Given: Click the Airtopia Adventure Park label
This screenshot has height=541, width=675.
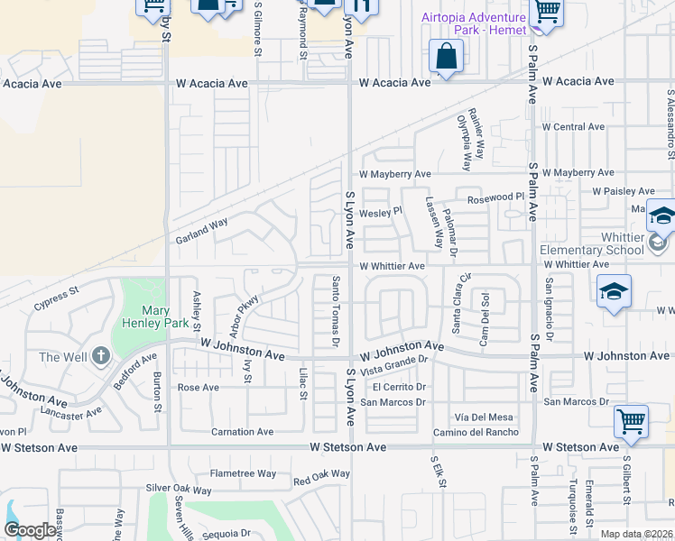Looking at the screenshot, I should (474, 24).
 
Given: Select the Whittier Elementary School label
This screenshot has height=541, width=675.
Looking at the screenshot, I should (591, 250).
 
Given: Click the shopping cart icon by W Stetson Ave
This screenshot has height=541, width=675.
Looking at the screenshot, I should (631, 421).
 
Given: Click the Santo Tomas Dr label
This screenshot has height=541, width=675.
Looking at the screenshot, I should (335, 311).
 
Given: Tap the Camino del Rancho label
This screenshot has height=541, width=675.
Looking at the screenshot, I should (476, 432).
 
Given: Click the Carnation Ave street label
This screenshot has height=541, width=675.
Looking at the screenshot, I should (242, 432).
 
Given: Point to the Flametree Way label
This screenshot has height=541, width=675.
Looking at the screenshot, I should (243, 473).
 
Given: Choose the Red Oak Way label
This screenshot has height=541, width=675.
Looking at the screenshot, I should (320, 475).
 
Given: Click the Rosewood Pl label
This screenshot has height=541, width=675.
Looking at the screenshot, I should (495, 197).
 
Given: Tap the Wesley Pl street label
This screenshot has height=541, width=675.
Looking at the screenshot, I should (379, 214).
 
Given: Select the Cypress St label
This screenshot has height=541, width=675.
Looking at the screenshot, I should (57, 298).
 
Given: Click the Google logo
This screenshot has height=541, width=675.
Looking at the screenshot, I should (31, 530).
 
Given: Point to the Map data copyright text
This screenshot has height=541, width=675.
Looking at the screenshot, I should (636, 534).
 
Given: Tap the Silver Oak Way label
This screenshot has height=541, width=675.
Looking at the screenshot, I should (179, 491).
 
